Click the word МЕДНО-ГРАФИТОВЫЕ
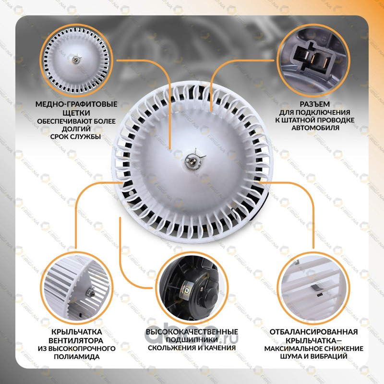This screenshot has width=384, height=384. (76, 104)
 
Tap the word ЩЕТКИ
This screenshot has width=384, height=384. (76, 113)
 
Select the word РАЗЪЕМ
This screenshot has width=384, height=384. (315, 104)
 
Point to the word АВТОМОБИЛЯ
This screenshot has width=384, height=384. (315, 128)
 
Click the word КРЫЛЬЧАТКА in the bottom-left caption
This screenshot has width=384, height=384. (77, 332)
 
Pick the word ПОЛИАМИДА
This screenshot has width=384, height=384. (77, 357)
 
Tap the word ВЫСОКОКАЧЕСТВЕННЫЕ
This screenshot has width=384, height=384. (192, 332)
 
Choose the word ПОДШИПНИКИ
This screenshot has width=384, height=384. (192, 340)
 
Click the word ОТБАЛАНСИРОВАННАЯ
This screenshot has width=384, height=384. (314, 332)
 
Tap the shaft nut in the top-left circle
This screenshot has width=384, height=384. (76, 59)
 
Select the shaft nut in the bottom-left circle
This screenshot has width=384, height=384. (90, 291)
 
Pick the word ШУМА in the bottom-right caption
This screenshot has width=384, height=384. (291, 356)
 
